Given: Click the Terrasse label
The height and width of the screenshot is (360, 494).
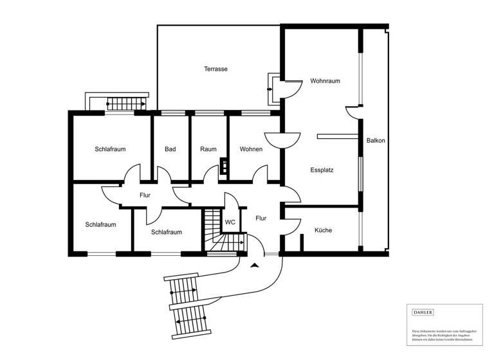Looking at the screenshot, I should [216, 69].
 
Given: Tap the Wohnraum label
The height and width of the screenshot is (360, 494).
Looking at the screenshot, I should [325, 81].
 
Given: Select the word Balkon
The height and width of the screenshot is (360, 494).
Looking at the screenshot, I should [376, 141].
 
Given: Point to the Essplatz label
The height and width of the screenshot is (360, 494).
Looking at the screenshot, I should [322, 170].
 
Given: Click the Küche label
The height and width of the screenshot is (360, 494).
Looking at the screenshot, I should [323, 230].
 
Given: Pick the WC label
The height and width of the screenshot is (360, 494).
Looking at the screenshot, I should [230, 222].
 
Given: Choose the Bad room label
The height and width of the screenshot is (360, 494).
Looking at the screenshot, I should [170, 149].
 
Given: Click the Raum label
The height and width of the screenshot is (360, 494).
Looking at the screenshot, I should [208, 149].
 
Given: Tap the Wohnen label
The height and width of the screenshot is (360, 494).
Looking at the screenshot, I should [251, 149].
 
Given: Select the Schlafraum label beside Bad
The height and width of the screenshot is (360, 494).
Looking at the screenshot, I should [110, 149].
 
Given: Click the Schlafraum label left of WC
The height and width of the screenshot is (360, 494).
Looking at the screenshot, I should [167, 232].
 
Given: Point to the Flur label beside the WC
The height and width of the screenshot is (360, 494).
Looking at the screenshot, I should [261, 218].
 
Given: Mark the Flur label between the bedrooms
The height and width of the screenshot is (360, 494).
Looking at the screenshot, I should [145, 195].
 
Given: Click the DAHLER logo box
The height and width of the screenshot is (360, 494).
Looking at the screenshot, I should [423, 312].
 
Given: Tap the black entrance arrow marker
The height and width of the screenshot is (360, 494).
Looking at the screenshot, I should [256, 264].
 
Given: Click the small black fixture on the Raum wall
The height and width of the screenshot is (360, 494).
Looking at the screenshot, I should [223, 166].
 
